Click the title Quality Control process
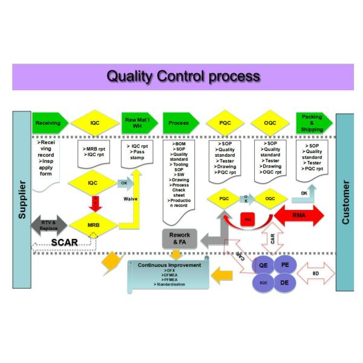(183, 76)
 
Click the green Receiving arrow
(48, 123)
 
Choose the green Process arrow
(179, 123)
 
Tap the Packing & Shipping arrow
(312, 123)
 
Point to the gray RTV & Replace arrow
(49, 225)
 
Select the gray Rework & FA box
(180, 238)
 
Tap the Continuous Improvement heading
(169, 265)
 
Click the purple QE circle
(263, 265)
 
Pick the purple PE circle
(284, 265)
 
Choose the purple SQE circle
(263, 282)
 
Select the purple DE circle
(284, 282)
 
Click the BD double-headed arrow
(316, 273)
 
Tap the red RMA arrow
(299, 215)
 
